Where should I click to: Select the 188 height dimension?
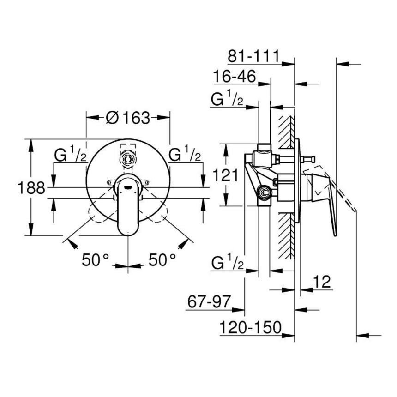[31, 188]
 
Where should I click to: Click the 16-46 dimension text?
[235, 77]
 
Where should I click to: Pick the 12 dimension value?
[322, 282]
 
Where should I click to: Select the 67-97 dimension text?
[209, 302]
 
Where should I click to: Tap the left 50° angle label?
[95, 260]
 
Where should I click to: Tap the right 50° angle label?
[162, 260]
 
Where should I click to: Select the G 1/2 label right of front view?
[185, 155]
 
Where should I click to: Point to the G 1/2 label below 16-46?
[227, 100]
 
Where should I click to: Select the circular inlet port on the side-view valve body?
[265, 193]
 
